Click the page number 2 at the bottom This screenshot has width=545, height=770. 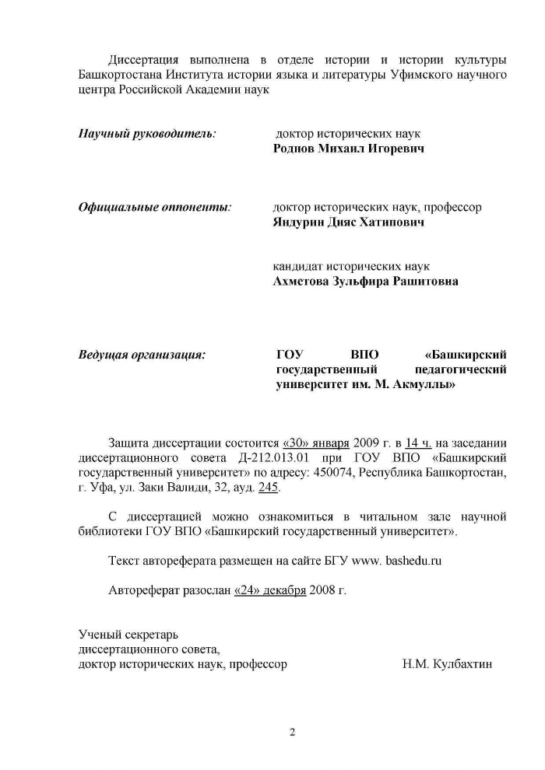point(293,732)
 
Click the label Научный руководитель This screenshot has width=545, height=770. point(147,133)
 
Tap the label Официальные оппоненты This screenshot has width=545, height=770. point(155,208)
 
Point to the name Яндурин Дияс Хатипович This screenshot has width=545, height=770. point(348,222)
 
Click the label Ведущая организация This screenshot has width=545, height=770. point(142,355)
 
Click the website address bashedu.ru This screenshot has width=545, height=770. point(413,560)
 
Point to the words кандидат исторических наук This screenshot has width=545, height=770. point(351,266)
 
